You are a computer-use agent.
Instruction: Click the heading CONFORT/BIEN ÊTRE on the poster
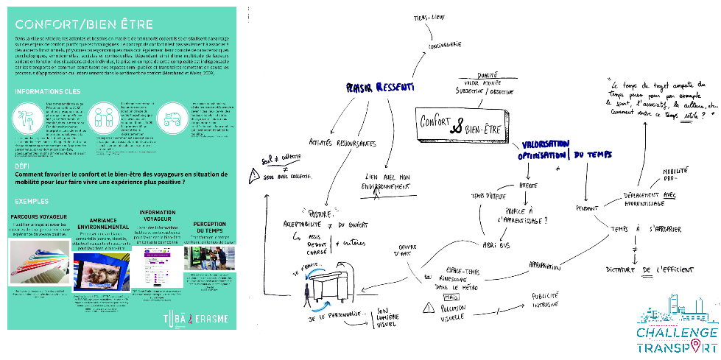71,23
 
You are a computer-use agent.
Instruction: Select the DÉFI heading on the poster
23,166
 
